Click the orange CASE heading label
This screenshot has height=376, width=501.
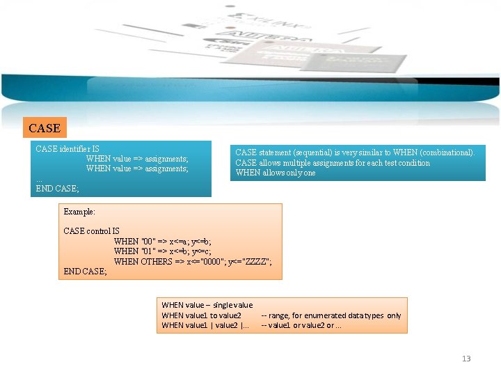pyautogui.click(x=45, y=128)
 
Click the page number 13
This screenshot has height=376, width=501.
pyautogui.click(x=466, y=359)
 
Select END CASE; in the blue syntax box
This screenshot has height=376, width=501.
pyautogui.click(x=57, y=188)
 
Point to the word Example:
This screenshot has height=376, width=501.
pyautogui.click(x=79, y=211)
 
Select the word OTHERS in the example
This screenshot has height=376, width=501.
pyautogui.click(x=156, y=261)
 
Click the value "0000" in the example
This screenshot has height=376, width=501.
pyautogui.click(x=213, y=261)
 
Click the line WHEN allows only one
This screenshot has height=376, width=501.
pyautogui.click(x=276, y=173)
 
